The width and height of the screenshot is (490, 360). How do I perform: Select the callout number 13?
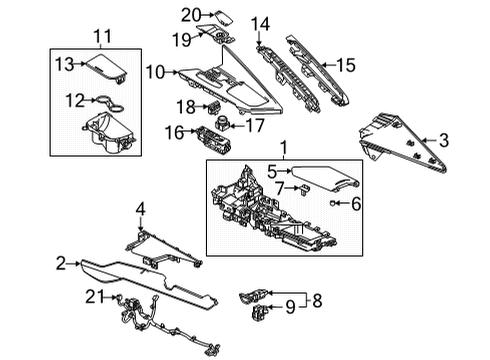click(x=62, y=65)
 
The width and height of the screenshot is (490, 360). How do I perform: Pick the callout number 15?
click(x=344, y=65)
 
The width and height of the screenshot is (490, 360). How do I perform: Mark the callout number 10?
click(x=155, y=72)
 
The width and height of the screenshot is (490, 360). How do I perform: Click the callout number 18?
click(x=184, y=106)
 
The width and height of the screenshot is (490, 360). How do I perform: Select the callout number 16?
click(x=173, y=131)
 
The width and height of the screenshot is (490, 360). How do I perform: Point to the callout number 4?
click(x=141, y=209)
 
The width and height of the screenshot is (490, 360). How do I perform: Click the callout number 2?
click(x=61, y=263)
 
